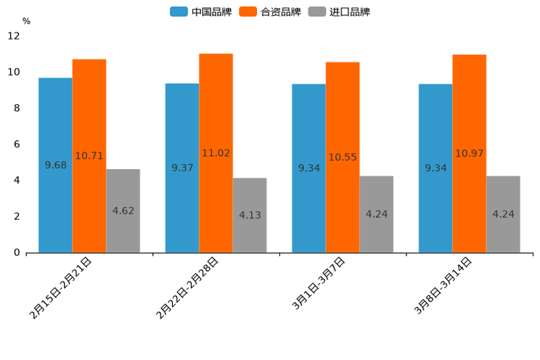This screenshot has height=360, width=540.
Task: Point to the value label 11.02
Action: (x=216, y=153)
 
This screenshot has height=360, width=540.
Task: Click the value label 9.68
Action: (x=55, y=165)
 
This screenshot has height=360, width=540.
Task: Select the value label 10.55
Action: (x=343, y=157)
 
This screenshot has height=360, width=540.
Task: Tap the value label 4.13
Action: (x=250, y=215)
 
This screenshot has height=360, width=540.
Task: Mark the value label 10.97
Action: (x=469, y=153)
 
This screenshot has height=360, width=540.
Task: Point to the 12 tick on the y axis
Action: (x=14, y=36)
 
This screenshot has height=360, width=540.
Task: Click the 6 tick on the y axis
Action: (x=16, y=144)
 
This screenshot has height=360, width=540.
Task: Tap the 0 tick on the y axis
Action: (x=16, y=253)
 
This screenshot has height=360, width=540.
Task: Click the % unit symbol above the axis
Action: (x=26, y=22)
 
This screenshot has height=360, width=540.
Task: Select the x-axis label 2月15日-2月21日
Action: (x=61, y=287)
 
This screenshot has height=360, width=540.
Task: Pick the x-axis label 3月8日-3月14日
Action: (x=443, y=285)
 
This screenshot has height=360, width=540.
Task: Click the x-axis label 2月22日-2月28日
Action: (x=188, y=287)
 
